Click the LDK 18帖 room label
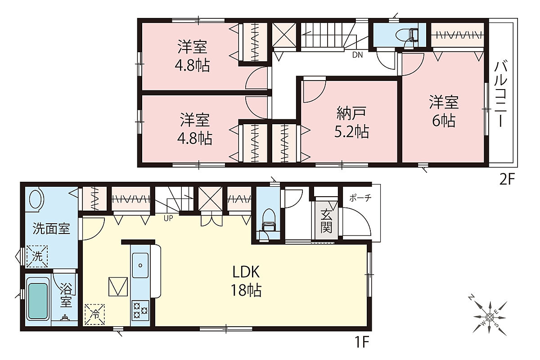(246, 281)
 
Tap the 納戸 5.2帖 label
(351, 122)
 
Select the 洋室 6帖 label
(444, 112)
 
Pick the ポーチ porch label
(360, 198)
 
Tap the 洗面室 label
(51, 229)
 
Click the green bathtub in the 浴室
(38, 301)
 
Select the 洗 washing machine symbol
(37, 256)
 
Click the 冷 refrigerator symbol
(95, 314)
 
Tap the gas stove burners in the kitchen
(140, 310)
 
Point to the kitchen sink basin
(140, 265)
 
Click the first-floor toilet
(268, 220)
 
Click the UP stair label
(168, 218)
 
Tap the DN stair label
(357, 55)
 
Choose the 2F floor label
(507, 180)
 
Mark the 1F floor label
(362, 342)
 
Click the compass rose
(490, 318)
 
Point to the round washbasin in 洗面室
(36, 199)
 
